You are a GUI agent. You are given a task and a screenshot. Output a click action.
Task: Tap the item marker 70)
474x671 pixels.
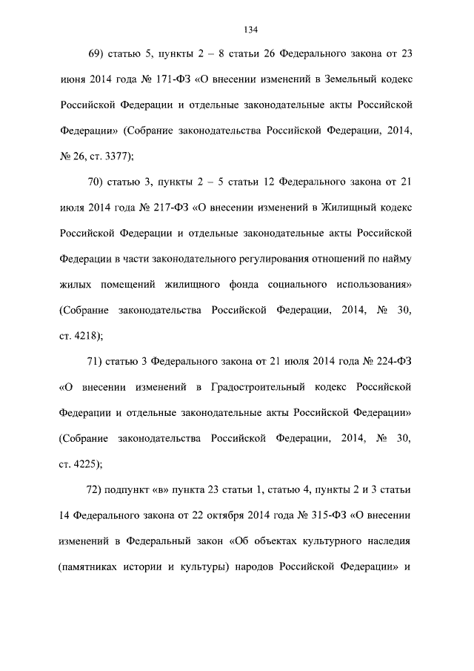[x=98, y=182]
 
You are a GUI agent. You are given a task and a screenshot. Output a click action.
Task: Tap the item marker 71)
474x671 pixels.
[x=98, y=362]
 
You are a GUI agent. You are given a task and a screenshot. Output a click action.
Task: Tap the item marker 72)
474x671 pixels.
[x=98, y=491]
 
